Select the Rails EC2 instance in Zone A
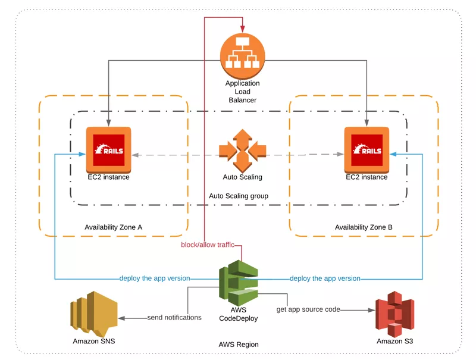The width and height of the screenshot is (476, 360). [x=108, y=149]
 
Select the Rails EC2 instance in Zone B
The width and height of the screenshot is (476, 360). [x=367, y=149]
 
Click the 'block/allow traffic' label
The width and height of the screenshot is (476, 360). [x=208, y=245]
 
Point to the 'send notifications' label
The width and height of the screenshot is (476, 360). [x=174, y=318]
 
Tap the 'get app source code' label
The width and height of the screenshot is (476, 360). [x=309, y=309]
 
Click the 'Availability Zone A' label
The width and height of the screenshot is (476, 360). [x=114, y=227]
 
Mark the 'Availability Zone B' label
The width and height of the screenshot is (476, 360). [x=364, y=227]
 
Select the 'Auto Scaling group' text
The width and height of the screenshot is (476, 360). [x=239, y=196]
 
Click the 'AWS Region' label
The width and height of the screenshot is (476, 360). [x=239, y=344]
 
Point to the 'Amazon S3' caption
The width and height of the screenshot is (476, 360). [x=394, y=342]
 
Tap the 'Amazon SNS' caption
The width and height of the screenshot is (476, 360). [x=93, y=342]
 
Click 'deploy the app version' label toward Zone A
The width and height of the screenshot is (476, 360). [x=155, y=278]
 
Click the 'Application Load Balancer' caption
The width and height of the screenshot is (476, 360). [x=242, y=92]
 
